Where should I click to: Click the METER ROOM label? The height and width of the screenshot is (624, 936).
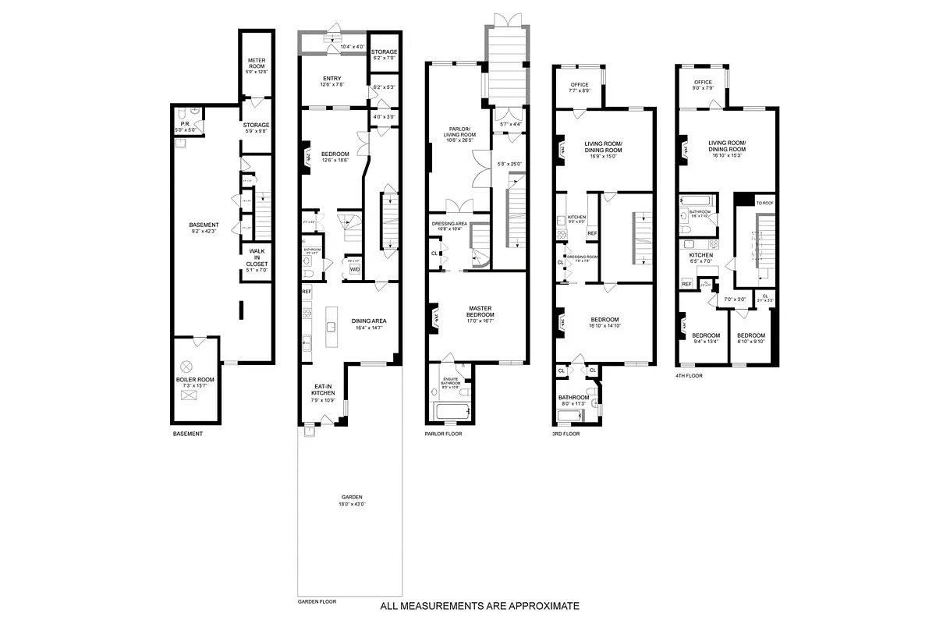pos(257,63)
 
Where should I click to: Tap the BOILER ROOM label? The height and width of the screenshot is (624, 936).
pos(195,380)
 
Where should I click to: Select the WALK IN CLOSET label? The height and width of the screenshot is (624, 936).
pos(257,258)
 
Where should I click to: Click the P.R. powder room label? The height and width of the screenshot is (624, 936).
pos(183,122)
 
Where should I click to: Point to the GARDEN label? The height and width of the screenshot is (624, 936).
pos(351,498)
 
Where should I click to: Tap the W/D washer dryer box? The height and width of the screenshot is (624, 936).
pos(354,270)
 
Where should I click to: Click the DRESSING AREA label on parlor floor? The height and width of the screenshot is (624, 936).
pos(448,224)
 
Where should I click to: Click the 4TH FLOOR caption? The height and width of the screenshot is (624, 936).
pos(690,376)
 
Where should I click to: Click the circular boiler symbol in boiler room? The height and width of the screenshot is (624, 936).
pos(186,366)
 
